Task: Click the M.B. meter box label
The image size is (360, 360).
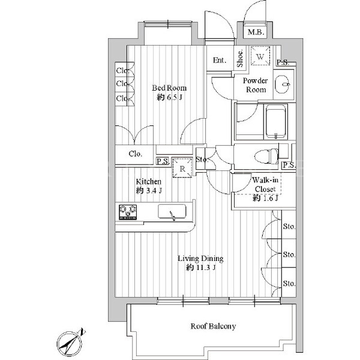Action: pyautogui.click(x=256, y=32)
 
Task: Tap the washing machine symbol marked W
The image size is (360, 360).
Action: pyautogui.click(x=260, y=56)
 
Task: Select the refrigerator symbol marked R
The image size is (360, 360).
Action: pyautogui.click(x=182, y=168)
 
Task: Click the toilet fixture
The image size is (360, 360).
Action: pyautogui.click(x=266, y=157)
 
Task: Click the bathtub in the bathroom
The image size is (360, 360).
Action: pyautogui.click(x=275, y=122)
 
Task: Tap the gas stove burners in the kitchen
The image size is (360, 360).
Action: pyautogui.click(x=128, y=212)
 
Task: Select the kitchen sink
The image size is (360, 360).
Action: pyautogui.click(x=172, y=211)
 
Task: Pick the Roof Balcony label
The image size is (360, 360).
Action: pyautogui.click(x=213, y=326)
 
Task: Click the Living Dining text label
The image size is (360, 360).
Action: pyautogui.click(x=200, y=259)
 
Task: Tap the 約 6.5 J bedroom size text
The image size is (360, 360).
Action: pyautogui.click(x=169, y=97)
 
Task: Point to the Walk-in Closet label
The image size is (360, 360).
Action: pyautogui.click(x=265, y=185)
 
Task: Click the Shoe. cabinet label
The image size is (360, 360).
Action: pyautogui.click(x=240, y=59)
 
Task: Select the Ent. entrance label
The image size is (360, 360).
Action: pyautogui.click(x=220, y=61)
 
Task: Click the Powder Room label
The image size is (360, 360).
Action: pyautogui.click(x=256, y=85)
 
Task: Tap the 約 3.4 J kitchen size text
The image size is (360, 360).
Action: pyautogui.click(x=149, y=191)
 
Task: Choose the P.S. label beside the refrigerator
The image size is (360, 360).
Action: pyautogui.click(x=163, y=161)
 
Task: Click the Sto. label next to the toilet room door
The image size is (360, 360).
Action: pyautogui.click(x=202, y=159)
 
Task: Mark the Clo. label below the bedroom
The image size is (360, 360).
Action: pyautogui.click(x=135, y=154)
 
